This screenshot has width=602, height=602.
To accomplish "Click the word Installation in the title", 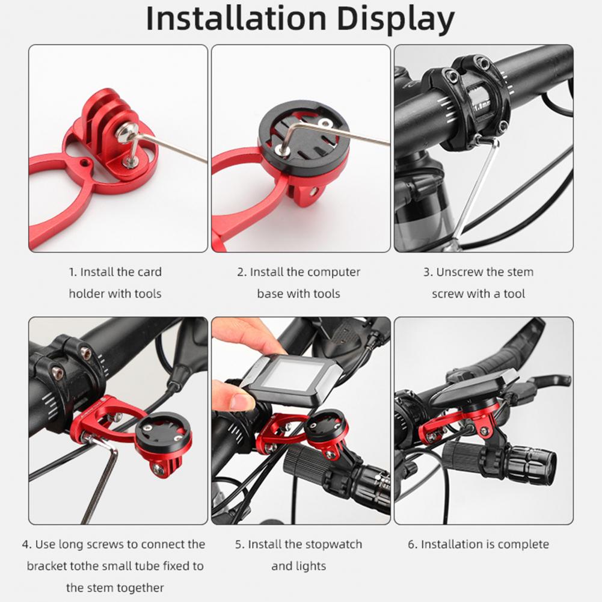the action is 236,19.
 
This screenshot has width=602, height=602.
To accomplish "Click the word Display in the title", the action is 396,20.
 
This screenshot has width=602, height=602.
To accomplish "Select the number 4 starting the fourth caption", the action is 25,545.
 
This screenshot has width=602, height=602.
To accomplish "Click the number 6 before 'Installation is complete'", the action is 411,545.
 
